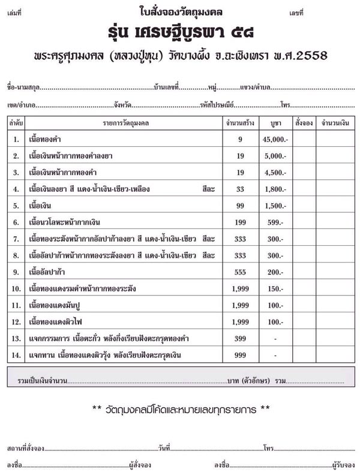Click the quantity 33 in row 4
pyautogui.click(x=239, y=189)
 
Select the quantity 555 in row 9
pyautogui.click(x=239, y=272)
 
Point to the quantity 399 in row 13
pyautogui.click(x=239, y=339)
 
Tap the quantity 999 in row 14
pyautogui.click(x=239, y=355)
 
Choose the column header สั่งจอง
pyautogui.click(x=304, y=123)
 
